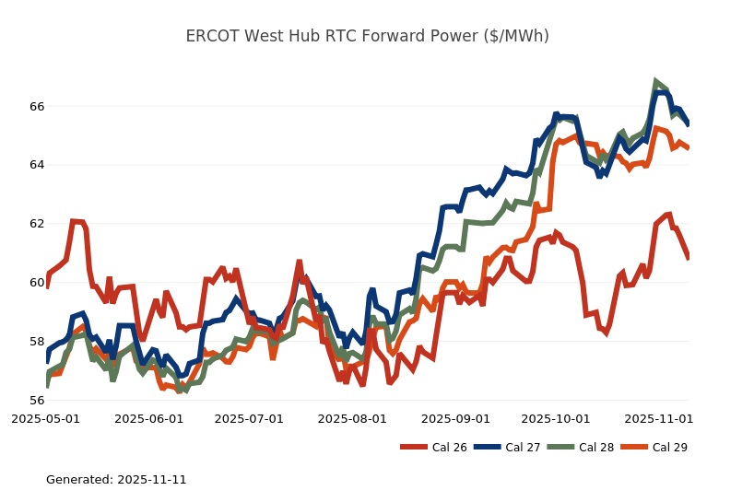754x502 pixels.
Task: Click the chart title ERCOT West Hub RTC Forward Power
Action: pyautogui.click(x=367, y=36)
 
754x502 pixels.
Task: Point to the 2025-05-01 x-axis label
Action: pyautogui.click(x=46, y=418)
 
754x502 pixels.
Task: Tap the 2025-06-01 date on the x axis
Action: pyautogui.click(x=149, y=418)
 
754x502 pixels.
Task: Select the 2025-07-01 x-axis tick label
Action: pyautogui.click(x=249, y=418)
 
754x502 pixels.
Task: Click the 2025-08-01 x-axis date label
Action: pyautogui.click(x=352, y=418)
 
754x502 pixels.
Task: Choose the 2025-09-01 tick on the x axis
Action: pyautogui.click(x=455, y=418)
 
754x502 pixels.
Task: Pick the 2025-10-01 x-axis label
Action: pyautogui.click(x=555, y=418)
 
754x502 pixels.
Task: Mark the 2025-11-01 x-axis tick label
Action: pyautogui.click(x=658, y=418)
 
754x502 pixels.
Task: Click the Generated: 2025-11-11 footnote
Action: pyautogui.click(x=116, y=480)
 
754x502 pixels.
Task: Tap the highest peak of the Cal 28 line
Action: pyautogui.click(x=655, y=81)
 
